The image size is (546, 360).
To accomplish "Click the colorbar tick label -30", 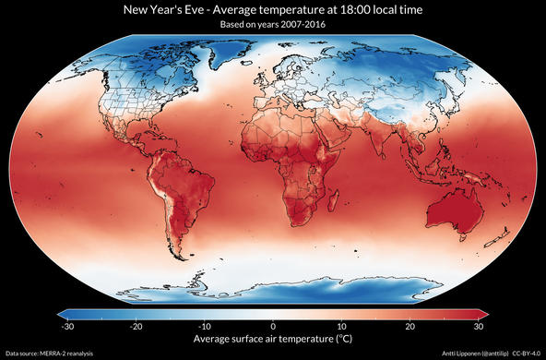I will coord(66,326).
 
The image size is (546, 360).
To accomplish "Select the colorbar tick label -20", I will coord(136,326).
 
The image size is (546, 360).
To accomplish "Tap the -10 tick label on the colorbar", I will coord(205,326).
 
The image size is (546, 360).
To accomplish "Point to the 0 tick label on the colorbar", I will coord(273,326).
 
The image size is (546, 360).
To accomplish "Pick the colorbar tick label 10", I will coord(341,326).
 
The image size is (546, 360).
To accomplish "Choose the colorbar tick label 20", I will coord(410,326).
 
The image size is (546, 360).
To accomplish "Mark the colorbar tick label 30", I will coord(479,326).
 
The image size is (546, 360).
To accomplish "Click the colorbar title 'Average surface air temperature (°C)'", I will coord(273,339).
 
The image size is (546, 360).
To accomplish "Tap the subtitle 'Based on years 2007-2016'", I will coord(273,25).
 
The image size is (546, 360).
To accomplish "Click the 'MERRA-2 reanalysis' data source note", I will coord(64,354).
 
